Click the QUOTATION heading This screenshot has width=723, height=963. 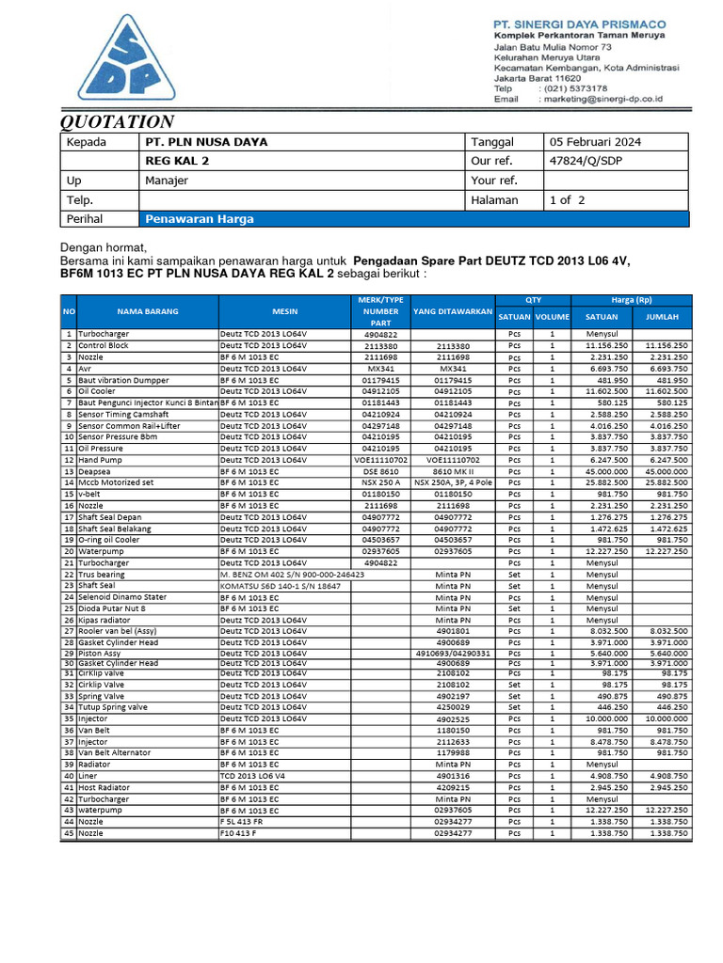118,121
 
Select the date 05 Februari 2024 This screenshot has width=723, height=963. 595,142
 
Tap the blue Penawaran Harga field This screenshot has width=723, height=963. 415,219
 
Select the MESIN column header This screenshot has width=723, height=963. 284,310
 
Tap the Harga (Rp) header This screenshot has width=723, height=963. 631,300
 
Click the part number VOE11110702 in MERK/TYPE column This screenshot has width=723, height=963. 381,460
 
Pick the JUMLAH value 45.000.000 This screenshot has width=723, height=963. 666,471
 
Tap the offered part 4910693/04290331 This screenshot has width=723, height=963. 453,653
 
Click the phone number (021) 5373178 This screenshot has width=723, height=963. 588,87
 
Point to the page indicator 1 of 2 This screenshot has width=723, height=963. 568,199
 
